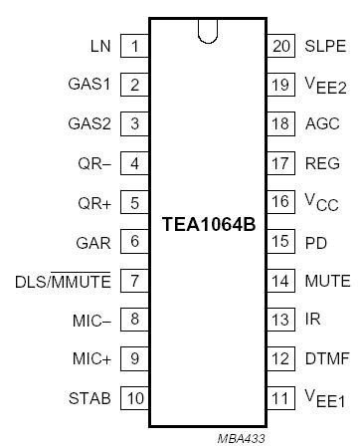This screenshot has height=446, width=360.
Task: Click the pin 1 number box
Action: (x=134, y=46)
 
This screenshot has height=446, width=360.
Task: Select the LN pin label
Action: (x=99, y=46)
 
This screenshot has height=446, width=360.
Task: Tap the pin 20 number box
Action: (x=280, y=46)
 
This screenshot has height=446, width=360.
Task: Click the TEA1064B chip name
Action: (x=208, y=223)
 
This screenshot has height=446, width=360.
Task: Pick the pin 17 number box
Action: (x=280, y=163)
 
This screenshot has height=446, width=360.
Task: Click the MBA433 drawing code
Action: (x=243, y=436)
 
